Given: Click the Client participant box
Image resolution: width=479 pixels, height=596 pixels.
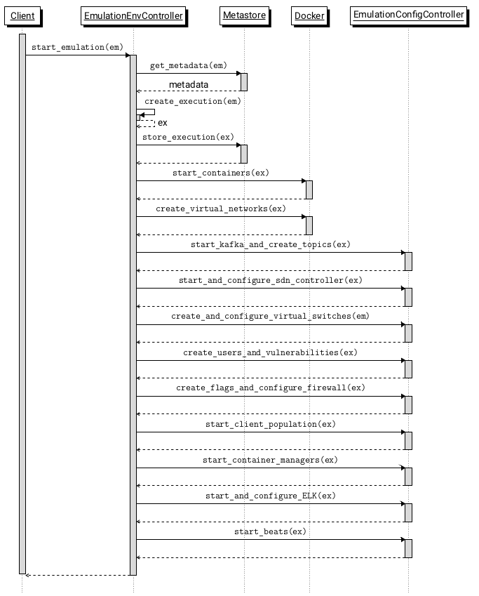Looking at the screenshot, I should [x=22, y=15].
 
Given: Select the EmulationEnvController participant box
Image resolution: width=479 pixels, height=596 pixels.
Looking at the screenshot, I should [x=133, y=15].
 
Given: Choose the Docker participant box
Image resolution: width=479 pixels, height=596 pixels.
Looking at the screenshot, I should [x=309, y=15].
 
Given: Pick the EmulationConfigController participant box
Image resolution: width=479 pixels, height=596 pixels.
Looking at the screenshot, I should [x=409, y=15].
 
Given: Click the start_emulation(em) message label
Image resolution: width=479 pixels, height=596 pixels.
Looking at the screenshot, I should [x=77, y=48].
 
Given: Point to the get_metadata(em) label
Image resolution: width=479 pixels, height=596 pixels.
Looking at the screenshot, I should [x=188, y=65].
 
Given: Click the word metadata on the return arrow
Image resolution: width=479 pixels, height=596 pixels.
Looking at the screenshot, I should [x=188, y=84].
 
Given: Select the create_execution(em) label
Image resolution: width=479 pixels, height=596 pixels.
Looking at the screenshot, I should [x=193, y=101].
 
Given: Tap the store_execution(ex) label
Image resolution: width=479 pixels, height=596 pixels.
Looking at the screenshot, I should [x=188, y=137].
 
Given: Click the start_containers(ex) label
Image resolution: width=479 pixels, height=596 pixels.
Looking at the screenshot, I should [x=221, y=173].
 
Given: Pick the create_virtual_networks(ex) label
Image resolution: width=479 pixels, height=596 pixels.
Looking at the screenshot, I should [x=221, y=208].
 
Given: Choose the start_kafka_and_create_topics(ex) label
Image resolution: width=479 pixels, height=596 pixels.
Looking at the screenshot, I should [x=271, y=244].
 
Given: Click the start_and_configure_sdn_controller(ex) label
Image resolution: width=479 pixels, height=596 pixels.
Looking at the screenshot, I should [x=271, y=280].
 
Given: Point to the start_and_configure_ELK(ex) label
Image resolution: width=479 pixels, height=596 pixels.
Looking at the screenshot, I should [x=271, y=496].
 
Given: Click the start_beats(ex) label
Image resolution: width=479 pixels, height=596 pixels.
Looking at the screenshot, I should [x=271, y=531].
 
